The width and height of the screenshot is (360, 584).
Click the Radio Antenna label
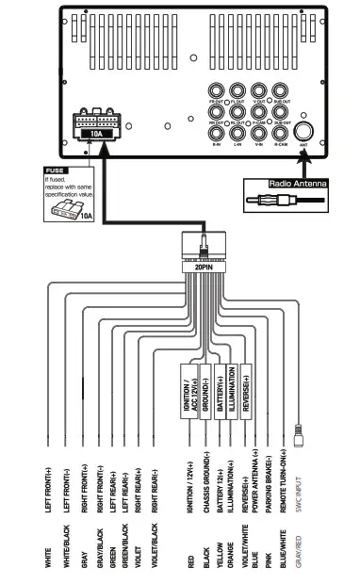click(x=296, y=184)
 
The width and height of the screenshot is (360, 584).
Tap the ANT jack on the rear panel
click(x=304, y=134)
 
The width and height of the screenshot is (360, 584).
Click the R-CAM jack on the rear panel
click(x=281, y=133)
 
